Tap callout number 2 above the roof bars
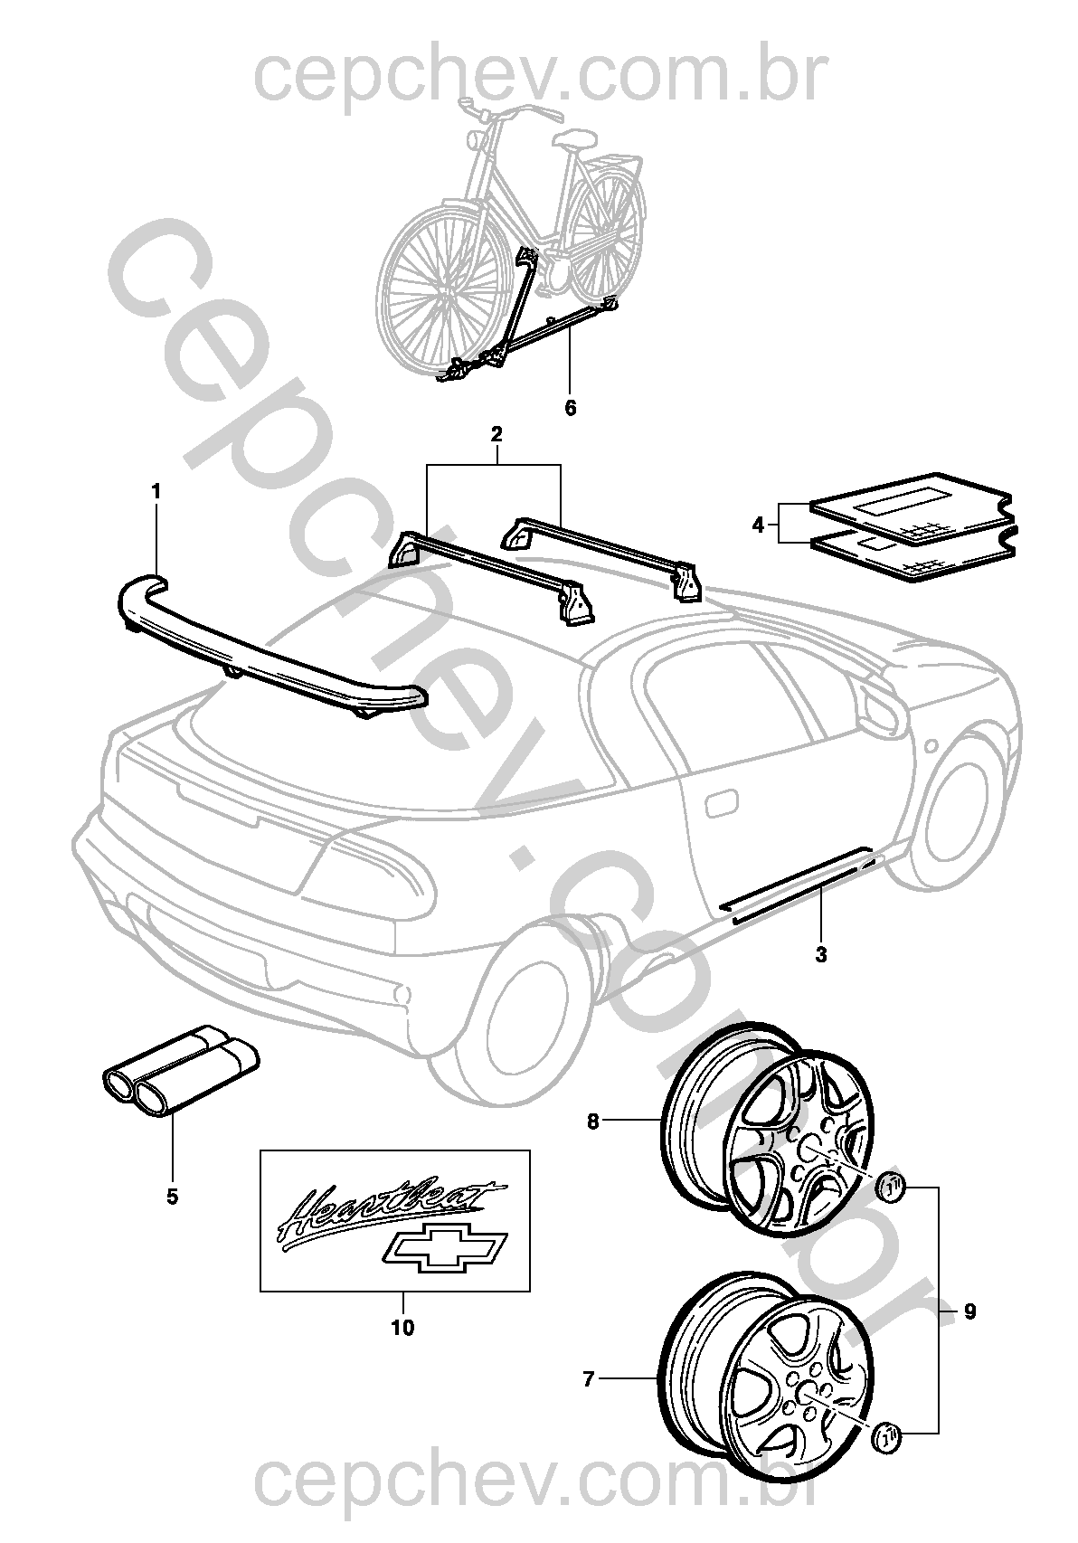point(496,434)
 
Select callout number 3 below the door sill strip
point(821,953)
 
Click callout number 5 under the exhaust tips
point(172,1197)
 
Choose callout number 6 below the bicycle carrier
point(570,407)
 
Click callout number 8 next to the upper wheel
point(593,1122)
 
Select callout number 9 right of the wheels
point(969,1311)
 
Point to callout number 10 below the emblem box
point(402,1328)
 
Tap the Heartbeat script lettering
point(389,1207)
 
